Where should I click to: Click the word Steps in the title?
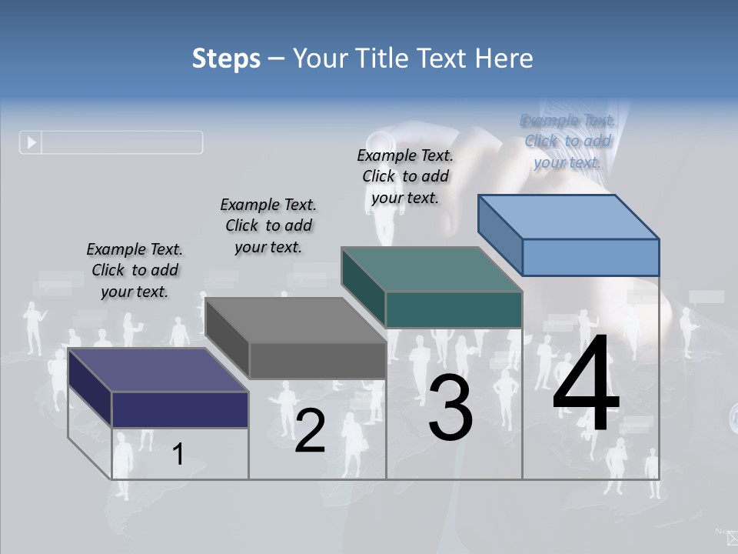226,58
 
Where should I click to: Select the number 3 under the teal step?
450,408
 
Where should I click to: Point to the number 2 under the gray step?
310,431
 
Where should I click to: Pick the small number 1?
178,454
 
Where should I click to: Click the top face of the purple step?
158,370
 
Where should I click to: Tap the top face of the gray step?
295,320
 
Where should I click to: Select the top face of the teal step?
431,269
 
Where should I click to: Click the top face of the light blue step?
568,216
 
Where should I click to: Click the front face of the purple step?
180,409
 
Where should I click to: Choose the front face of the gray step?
317,360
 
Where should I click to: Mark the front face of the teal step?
454,309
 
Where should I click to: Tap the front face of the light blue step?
590,257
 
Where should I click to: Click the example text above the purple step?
135,270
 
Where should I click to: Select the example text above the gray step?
268,225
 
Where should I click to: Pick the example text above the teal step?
405,176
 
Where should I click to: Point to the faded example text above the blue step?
567,141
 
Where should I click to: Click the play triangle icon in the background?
32,142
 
